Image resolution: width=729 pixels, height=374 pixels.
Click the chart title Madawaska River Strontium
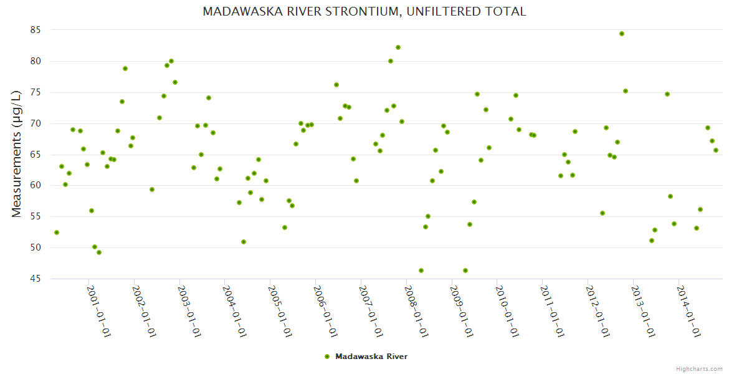coord(364,11)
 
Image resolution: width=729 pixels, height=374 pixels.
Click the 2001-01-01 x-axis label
coord(99,312)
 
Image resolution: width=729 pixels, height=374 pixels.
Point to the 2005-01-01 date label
coord(280,312)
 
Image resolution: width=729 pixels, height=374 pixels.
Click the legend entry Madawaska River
coord(371,357)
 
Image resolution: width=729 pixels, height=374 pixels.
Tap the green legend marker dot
coord(326,357)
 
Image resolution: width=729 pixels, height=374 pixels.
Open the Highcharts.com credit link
coord(700,368)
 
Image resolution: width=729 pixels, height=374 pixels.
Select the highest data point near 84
coord(622,34)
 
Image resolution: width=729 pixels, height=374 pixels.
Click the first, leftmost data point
coord(57,233)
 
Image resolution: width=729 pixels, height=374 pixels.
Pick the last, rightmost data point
coord(716,150)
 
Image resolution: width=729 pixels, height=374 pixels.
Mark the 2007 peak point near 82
coord(398,47)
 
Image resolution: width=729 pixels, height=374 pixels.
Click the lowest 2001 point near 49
coord(99,252)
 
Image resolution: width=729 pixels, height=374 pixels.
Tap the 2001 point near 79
coord(125,69)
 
